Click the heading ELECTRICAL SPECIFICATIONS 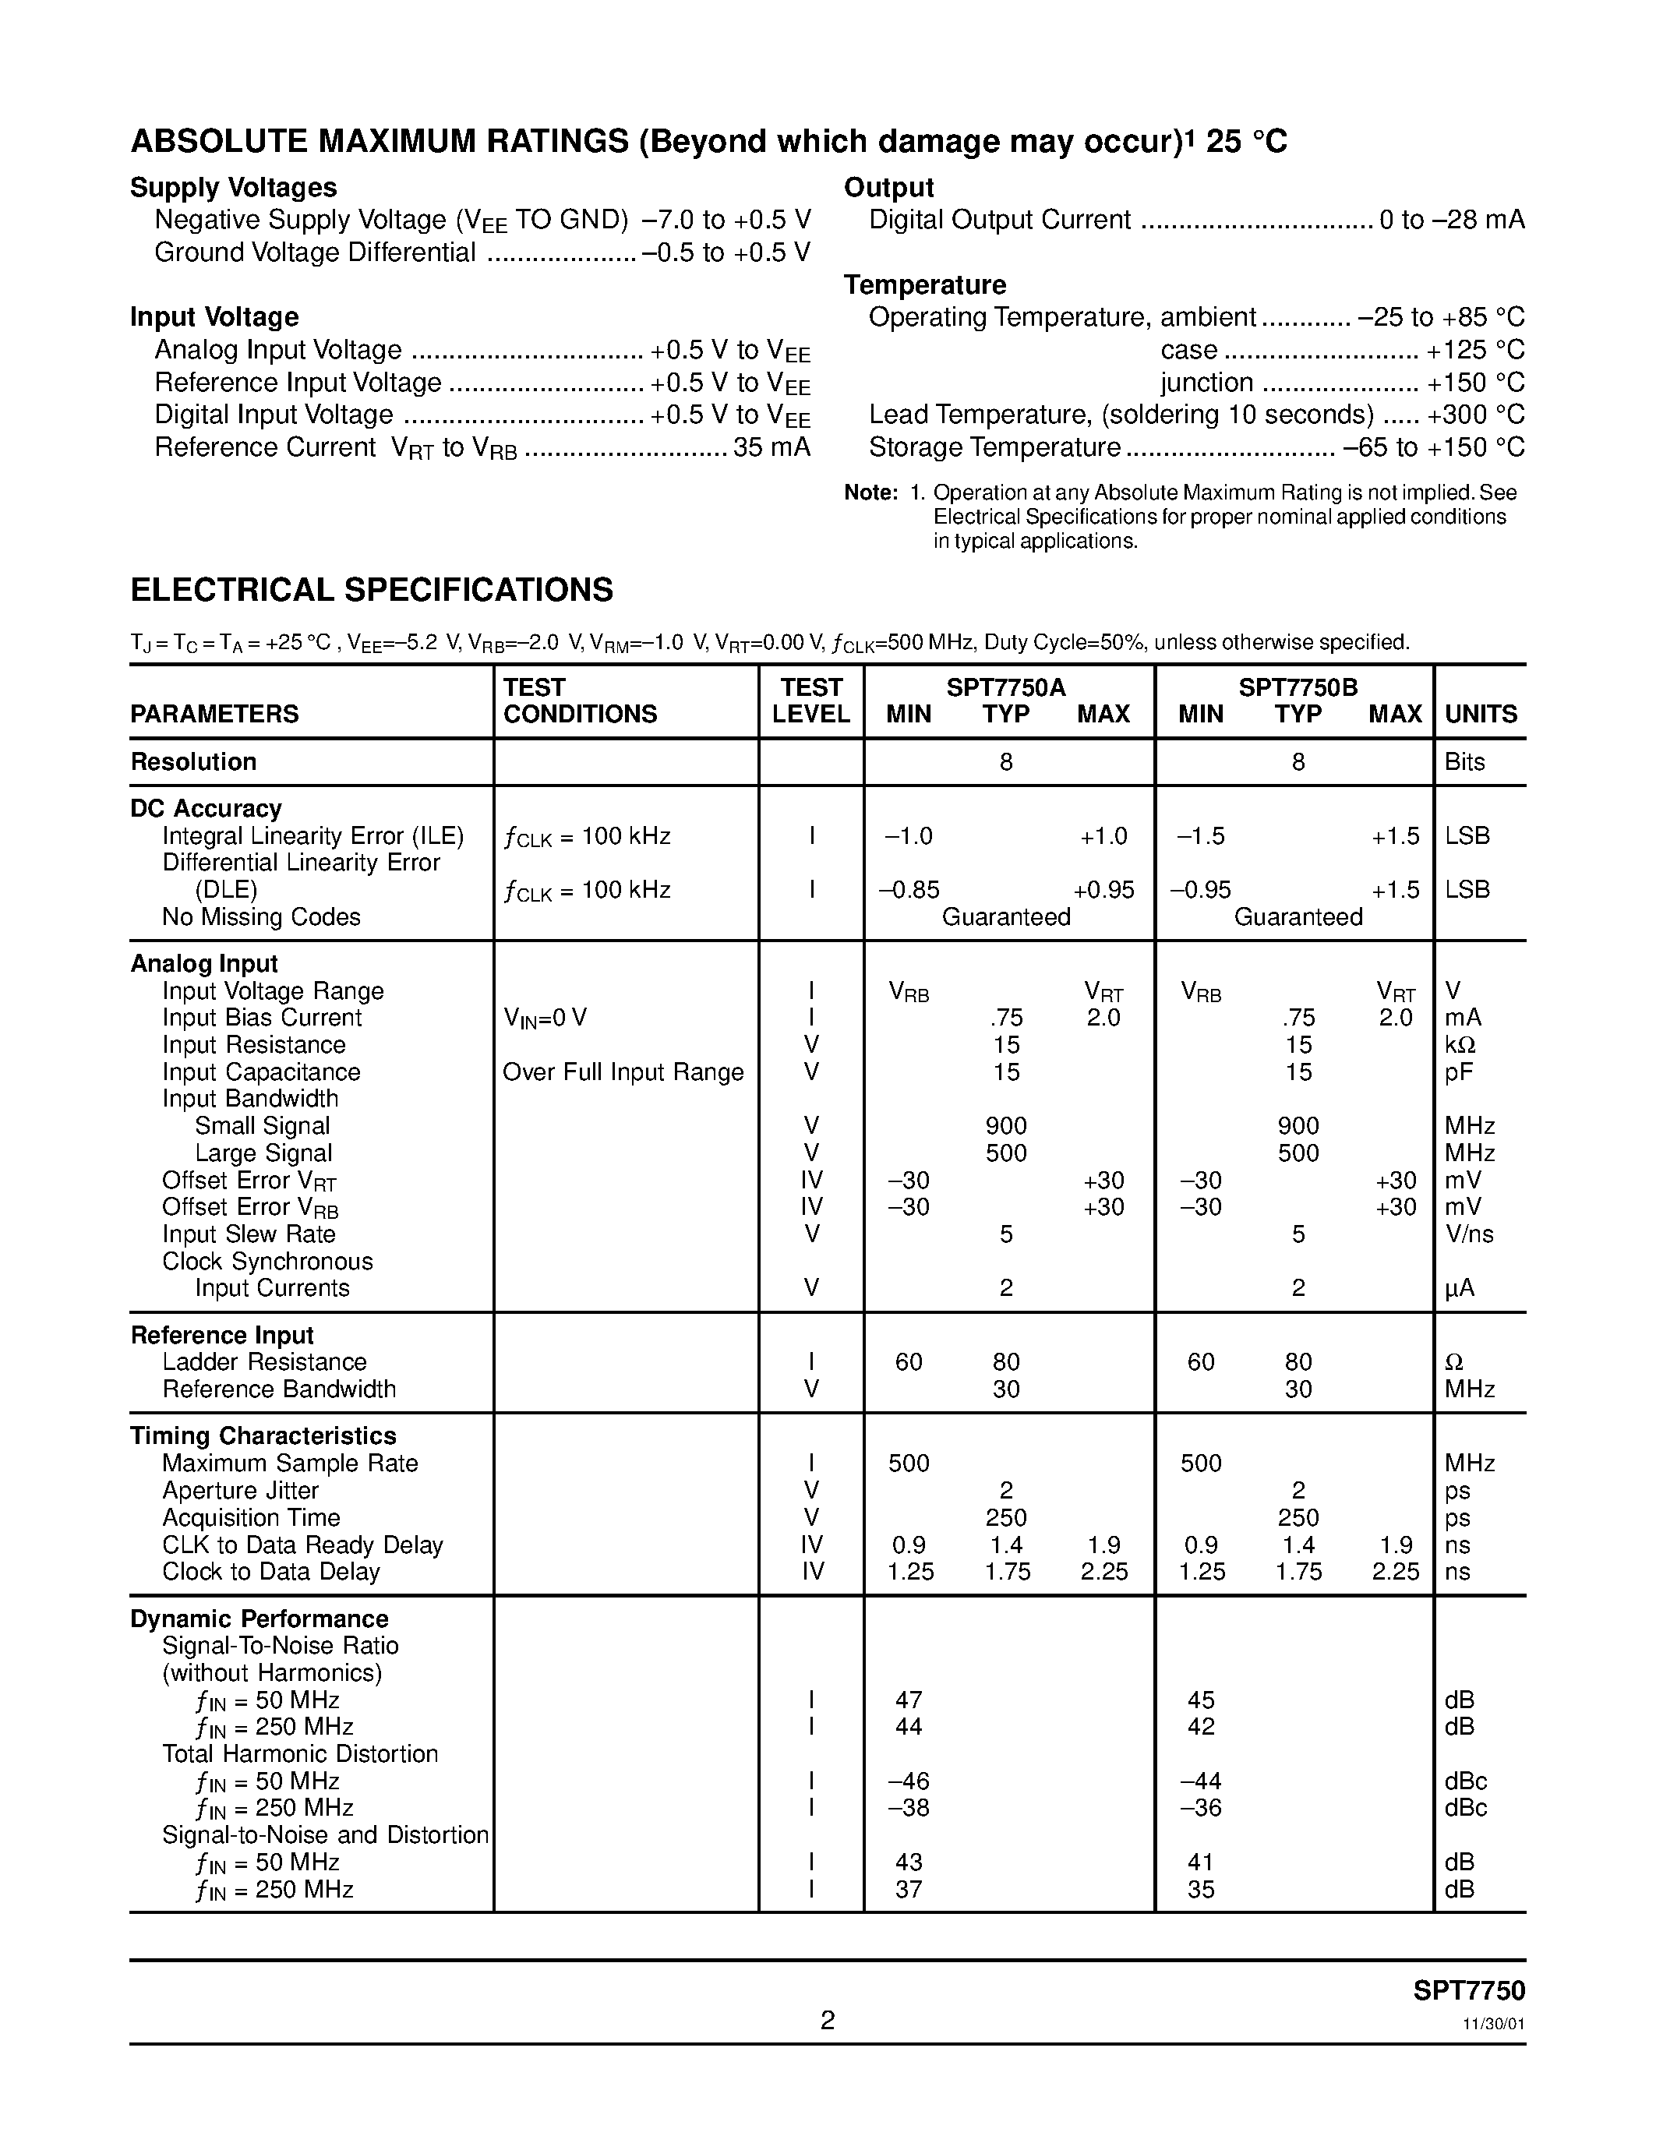[x=372, y=590]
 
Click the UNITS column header [x=1481, y=715]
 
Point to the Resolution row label [x=193, y=762]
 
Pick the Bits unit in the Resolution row [x=1465, y=762]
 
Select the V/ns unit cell [x=1469, y=1234]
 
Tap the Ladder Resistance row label [x=264, y=1362]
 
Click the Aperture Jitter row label [x=240, y=1491]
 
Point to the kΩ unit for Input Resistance [x=1460, y=1045]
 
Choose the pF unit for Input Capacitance [x=1458, y=1072]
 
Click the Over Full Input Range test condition [x=623, y=1072]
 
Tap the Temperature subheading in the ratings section [x=925, y=285]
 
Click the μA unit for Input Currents [x=1459, y=1288]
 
